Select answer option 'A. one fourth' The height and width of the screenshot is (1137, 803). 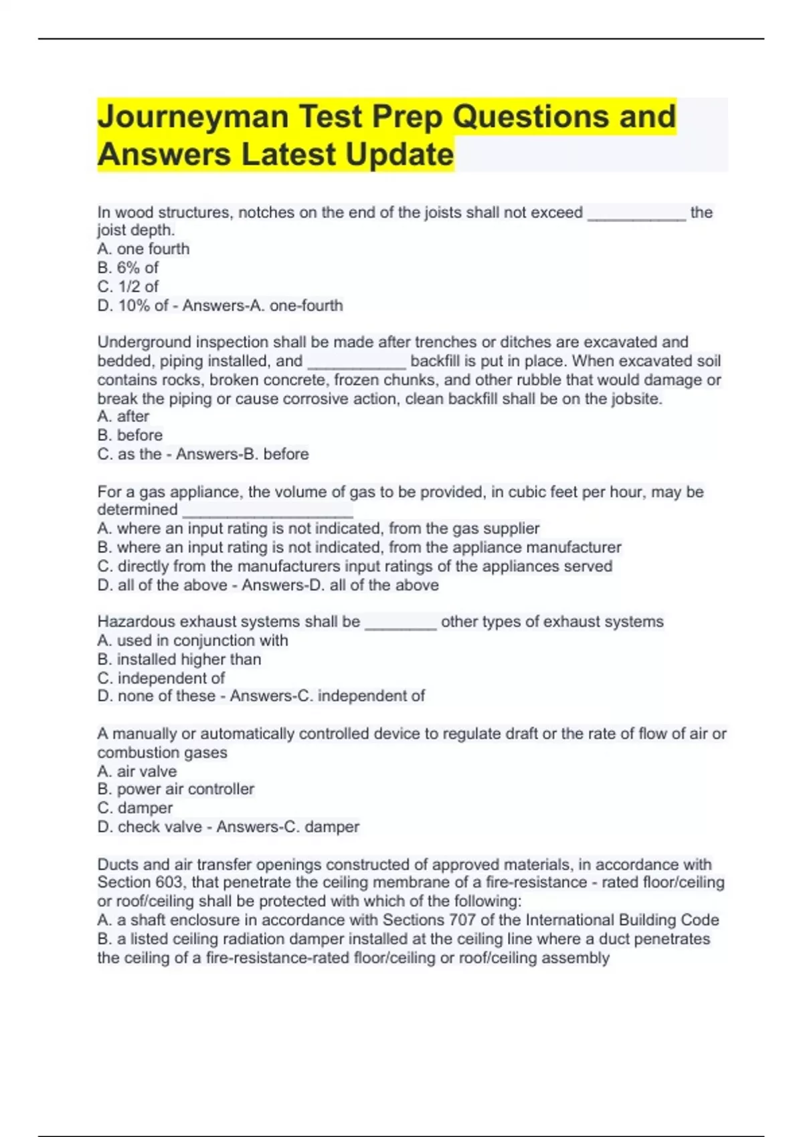coord(143,249)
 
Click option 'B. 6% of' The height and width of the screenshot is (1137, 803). coord(128,268)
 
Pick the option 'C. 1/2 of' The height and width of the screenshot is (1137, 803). coord(128,286)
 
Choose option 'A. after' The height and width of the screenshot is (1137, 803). coord(123,416)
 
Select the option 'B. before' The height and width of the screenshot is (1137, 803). coord(130,435)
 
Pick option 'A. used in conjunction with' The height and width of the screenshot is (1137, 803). coord(193,640)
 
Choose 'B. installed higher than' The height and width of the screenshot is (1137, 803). coord(179,659)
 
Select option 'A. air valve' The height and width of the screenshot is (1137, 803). coord(137,770)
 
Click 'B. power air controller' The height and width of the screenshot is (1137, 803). coord(175,789)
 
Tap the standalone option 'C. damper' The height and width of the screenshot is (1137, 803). coord(135,808)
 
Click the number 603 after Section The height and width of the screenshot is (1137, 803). coord(169,882)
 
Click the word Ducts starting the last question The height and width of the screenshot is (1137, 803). coord(117,864)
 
